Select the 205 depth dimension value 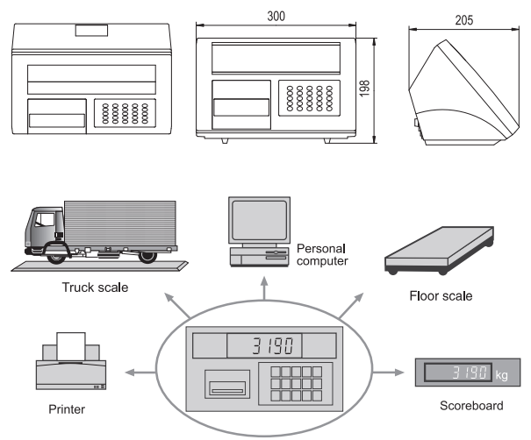[464, 17]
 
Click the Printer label [67, 407]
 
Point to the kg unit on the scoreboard [501, 374]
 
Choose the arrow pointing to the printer [132, 373]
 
